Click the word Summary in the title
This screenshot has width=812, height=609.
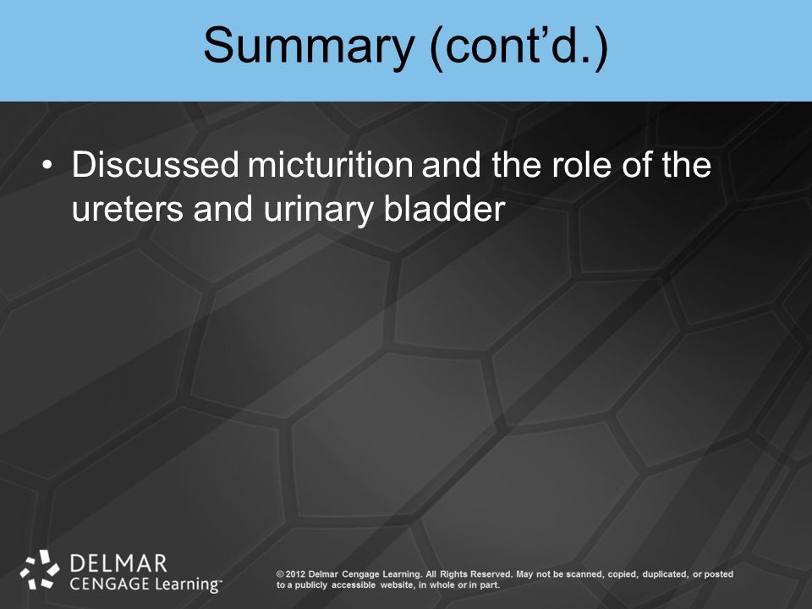(309, 46)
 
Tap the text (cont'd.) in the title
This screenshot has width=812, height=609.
(518, 46)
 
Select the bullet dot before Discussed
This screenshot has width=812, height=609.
(47, 165)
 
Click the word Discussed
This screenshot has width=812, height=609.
(155, 165)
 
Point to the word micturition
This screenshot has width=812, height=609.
(330, 165)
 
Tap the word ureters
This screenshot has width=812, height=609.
(128, 209)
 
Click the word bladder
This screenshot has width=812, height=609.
(444, 208)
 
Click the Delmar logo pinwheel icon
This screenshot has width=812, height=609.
(40, 570)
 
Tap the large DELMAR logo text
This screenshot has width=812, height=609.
(118, 563)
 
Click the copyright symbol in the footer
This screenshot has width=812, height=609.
(280, 574)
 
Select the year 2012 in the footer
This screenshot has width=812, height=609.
(295, 574)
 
